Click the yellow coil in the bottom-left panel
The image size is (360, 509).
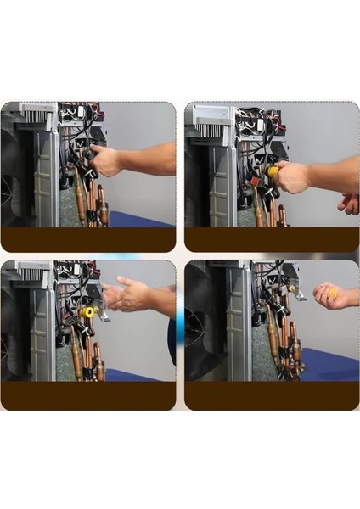(x=86, y=312)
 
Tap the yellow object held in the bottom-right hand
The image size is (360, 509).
(x=333, y=293)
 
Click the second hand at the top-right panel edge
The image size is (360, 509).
(x=349, y=204)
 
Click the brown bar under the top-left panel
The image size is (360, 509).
(x=88, y=239)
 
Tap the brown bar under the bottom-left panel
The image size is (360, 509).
(x=88, y=395)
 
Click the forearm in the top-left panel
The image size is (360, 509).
(x=149, y=159)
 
